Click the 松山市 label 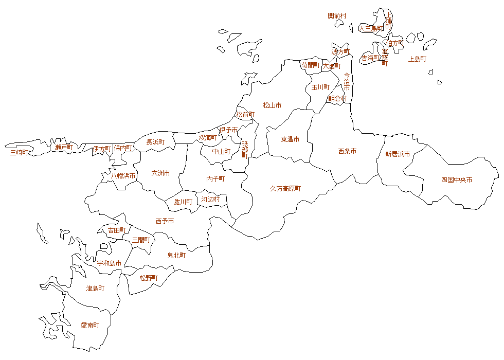point(272,105)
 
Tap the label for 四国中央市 point(457,180)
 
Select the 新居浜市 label point(398,154)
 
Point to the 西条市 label point(347,151)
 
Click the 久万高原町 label point(285,189)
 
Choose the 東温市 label point(290,139)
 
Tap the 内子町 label point(215,179)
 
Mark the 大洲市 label point(160,173)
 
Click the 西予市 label point(165,221)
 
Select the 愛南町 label point(90,326)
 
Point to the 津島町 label point(95,289)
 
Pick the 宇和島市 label point(110,263)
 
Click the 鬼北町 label point(176,255)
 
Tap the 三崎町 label point(20,152)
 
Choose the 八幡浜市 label point(123,176)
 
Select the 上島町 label point(417,59)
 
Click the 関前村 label point(337,16)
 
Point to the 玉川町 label point(320,87)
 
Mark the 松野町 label point(149,278)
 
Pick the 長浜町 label point(155,142)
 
